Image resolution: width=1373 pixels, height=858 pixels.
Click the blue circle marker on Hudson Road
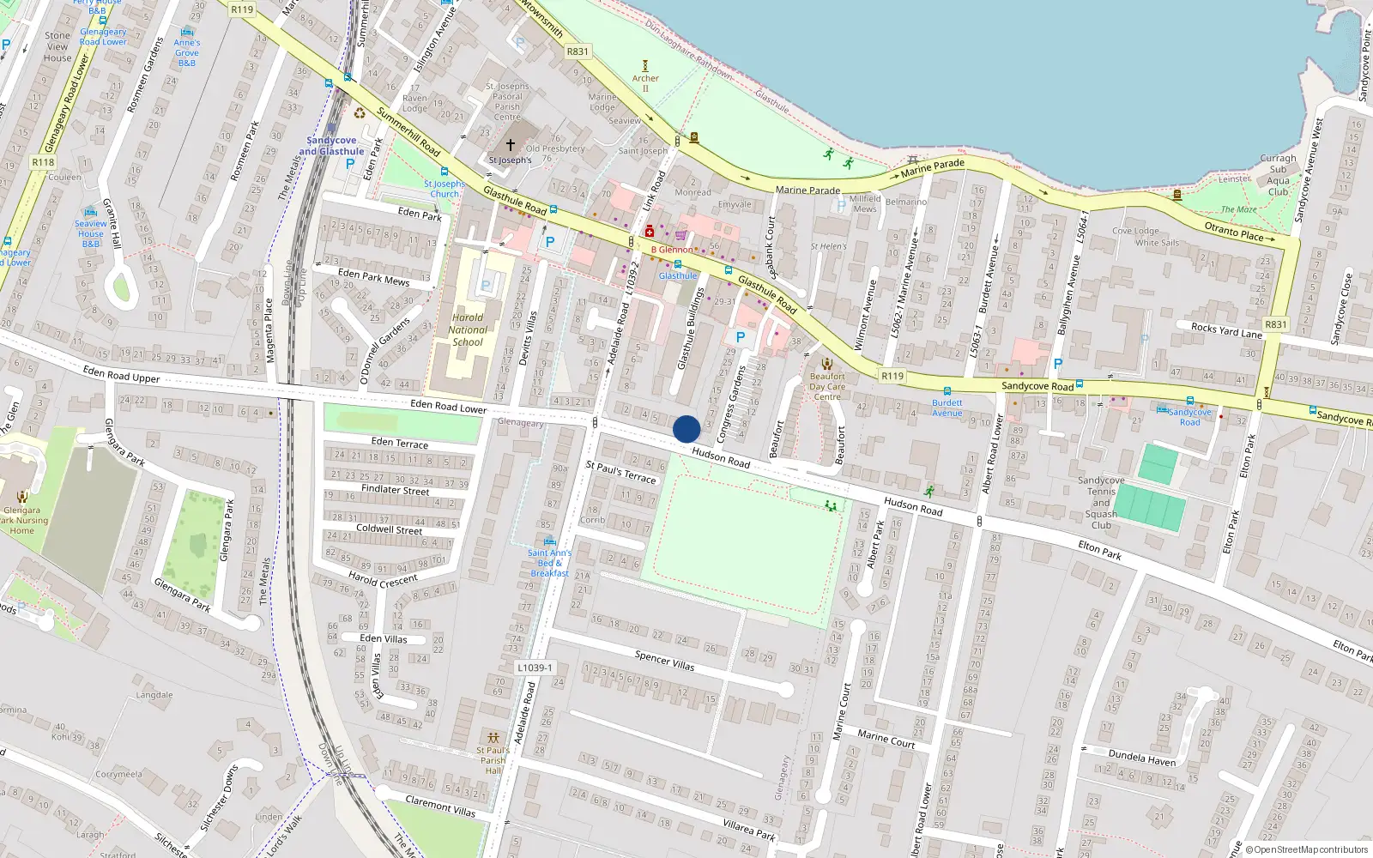coord(686,429)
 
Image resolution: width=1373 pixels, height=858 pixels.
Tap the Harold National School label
coord(468,329)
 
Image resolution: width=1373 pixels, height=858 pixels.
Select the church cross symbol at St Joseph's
coord(511,145)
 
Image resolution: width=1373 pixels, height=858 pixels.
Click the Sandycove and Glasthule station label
coord(331,146)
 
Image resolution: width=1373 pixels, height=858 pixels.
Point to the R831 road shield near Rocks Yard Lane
coord(1276,324)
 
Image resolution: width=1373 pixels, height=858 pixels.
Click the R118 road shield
coord(43,162)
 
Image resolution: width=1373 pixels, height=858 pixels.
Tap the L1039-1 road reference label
coord(535,668)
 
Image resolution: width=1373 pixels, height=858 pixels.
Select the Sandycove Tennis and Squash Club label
coord(1101,503)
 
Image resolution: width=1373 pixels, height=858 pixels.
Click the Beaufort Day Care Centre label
coord(827,386)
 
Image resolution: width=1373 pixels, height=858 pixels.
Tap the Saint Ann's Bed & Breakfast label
coord(549,563)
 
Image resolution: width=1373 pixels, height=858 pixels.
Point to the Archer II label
coord(645,83)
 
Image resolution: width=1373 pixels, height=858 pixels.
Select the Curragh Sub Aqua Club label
coord(1278,175)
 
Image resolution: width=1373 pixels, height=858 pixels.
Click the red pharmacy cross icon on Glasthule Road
coord(650,232)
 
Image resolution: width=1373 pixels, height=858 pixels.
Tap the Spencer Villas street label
coord(664,660)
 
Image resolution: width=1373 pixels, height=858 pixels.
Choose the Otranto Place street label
coord(1234,231)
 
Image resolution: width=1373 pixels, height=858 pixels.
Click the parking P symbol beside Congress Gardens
coord(741,337)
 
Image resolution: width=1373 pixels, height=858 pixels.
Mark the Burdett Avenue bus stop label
coord(947,408)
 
